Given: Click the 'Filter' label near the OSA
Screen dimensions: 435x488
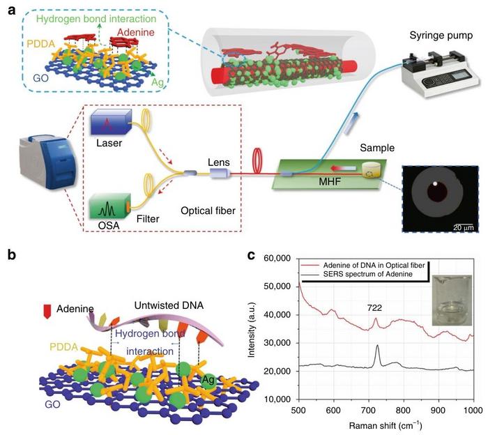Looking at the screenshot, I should pos(148,219).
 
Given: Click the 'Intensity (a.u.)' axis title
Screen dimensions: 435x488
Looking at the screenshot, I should pos(260,328).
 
